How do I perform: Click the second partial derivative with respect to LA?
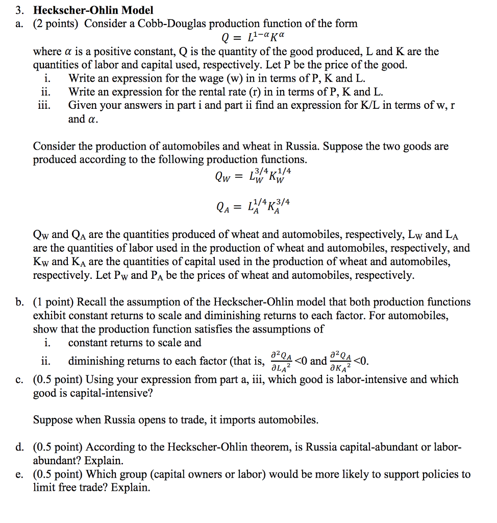282,362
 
